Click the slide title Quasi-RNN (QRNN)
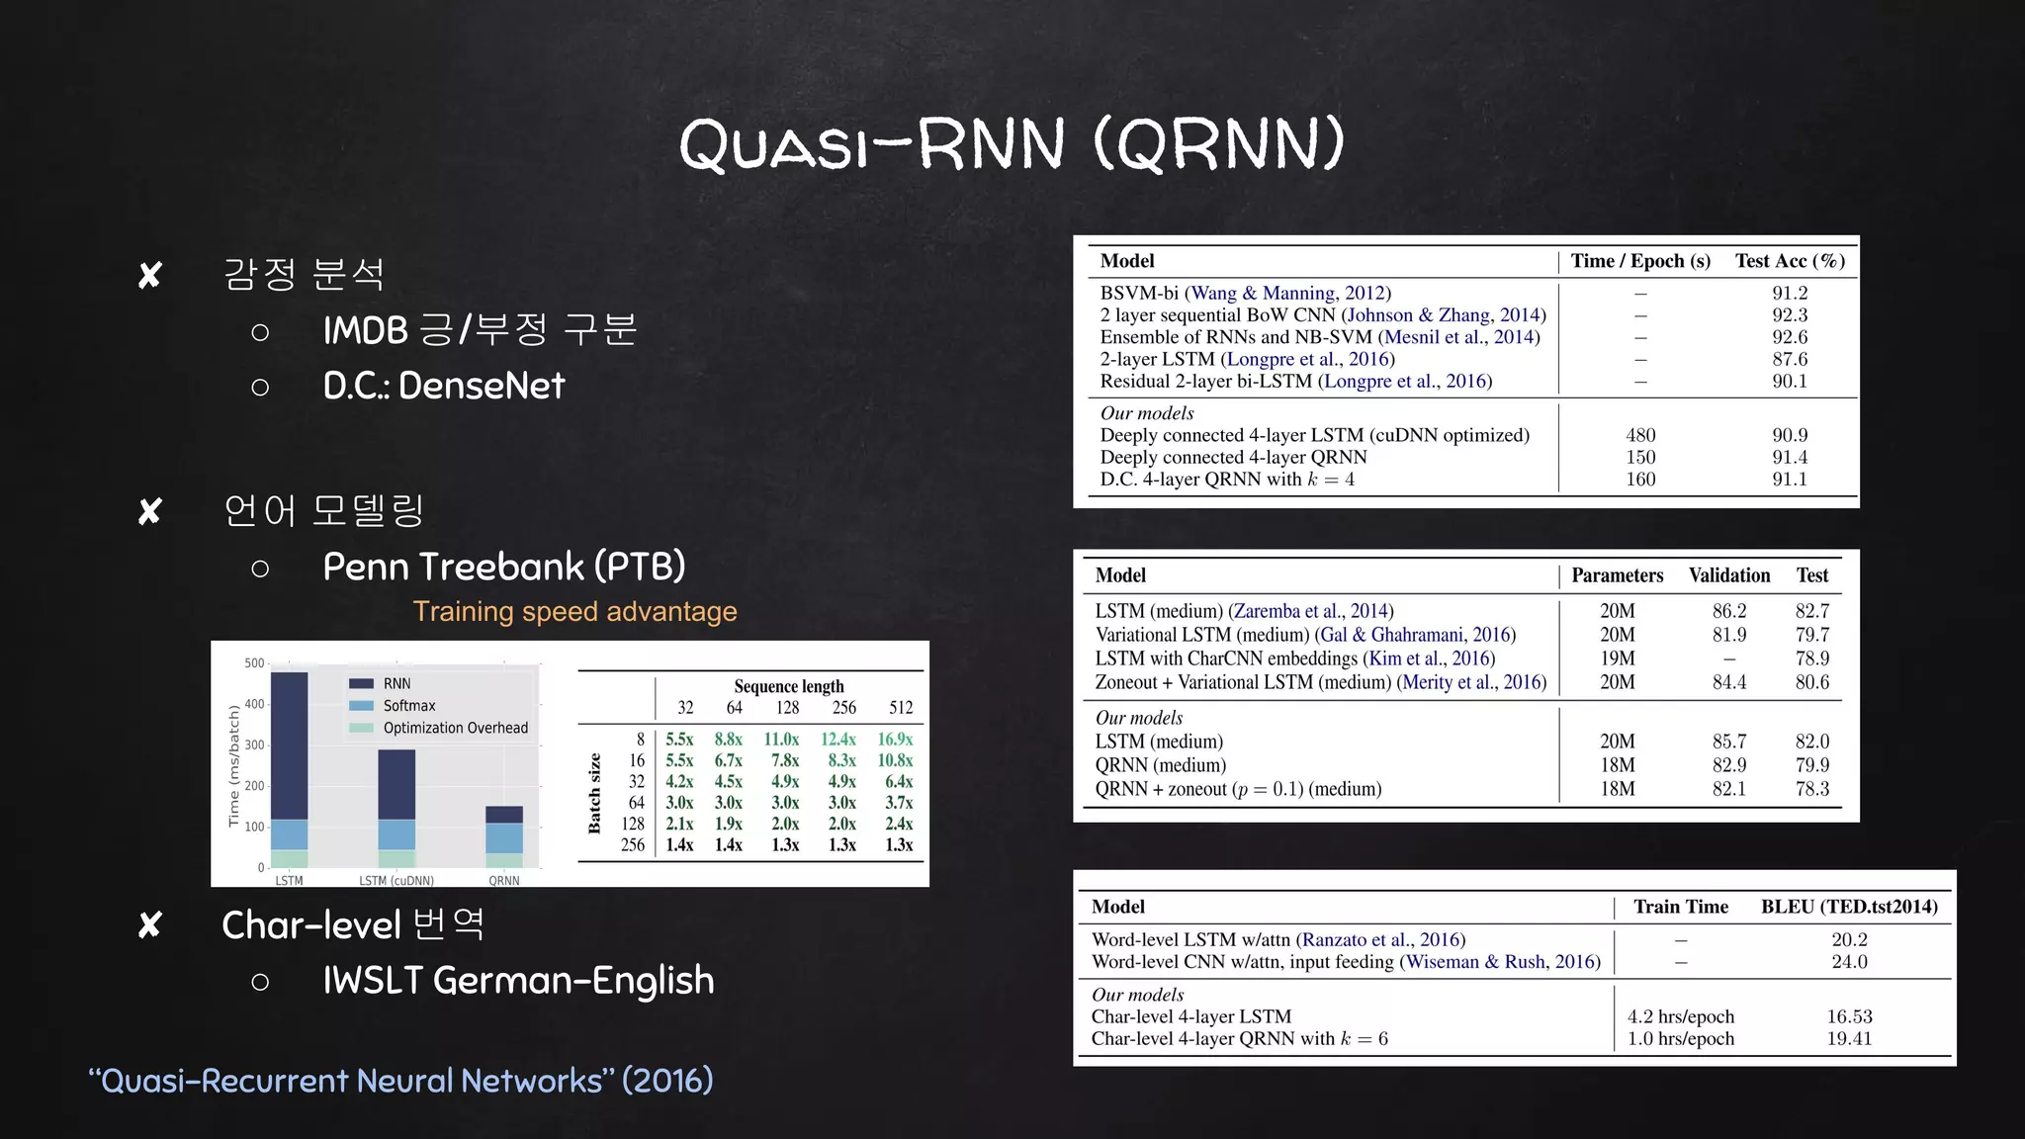click(x=1012, y=144)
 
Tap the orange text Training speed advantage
click(x=574, y=611)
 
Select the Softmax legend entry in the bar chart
click(x=408, y=706)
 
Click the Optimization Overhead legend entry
click(x=455, y=728)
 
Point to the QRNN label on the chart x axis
click(x=503, y=880)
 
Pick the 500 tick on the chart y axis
click(x=254, y=663)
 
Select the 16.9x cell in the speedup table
click(x=895, y=740)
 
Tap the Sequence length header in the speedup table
click(x=788, y=686)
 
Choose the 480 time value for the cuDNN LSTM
click(x=1640, y=435)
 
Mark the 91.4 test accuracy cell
click(x=1789, y=457)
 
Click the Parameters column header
click(x=1617, y=575)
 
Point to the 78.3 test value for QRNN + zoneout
click(x=1811, y=789)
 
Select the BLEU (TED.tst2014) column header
click(x=1849, y=907)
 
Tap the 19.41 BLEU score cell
click(x=1849, y=1038)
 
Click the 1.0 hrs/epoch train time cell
click(x=1680, y=1038)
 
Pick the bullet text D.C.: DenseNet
click(x=444, y=386)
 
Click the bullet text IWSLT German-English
click(x=518, y=981)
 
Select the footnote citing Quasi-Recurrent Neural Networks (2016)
click(x=400, y=1081)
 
